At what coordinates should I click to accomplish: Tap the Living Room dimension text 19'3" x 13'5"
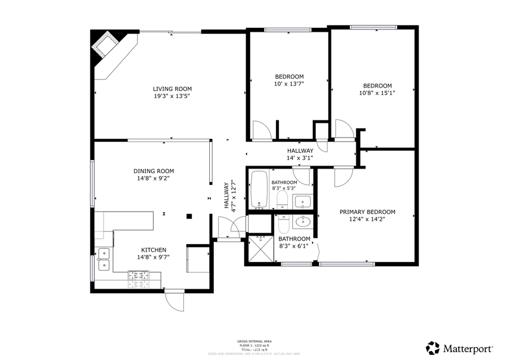point(172,96)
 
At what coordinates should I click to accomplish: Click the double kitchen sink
point(104,259)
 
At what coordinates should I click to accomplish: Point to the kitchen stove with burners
point(139,276)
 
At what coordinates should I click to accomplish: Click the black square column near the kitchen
point(189,216)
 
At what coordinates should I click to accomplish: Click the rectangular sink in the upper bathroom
point(303,201)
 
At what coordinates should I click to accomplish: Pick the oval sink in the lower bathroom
point(303,221)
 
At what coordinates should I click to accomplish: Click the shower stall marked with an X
point(261,250)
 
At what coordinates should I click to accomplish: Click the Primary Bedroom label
point(367,212)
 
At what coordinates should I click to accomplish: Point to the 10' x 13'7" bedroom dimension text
point(289,84)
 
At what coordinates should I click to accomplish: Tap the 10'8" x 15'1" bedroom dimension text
point(377,93)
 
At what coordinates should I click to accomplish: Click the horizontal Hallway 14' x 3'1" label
point(300,155)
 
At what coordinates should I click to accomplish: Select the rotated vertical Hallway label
point(228,195)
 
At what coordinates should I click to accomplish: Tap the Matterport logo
point(460,347)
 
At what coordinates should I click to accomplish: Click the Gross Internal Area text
point(254,341)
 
